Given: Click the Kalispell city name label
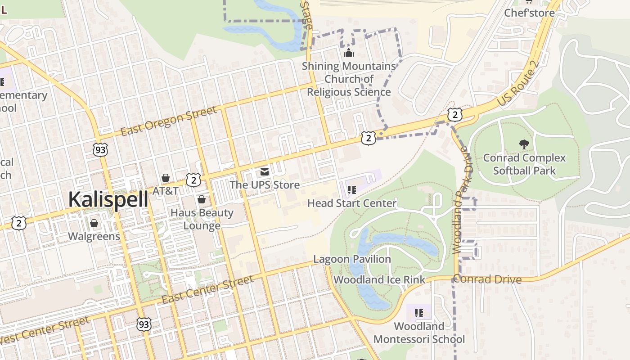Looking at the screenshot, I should point(108,199).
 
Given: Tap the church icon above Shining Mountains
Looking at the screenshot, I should point(349,53).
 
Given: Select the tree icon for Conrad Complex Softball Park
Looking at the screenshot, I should point(524,144).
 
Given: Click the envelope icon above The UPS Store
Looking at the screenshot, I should point(264,172).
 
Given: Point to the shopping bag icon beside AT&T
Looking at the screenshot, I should point(166,178).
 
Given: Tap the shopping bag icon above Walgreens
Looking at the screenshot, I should point(94,223).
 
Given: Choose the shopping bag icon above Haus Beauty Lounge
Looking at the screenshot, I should point(202,199).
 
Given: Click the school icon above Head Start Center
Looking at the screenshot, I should point(352,190).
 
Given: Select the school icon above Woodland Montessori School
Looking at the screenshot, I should point(419,313).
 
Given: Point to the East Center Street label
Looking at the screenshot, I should point(207,290).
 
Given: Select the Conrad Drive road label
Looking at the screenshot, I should point(487,279).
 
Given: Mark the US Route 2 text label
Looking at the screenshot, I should point(518,84).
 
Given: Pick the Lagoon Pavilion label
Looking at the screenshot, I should point(352,259).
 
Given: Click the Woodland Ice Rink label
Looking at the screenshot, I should point(379,280).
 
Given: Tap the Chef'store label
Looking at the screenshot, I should point(529,13).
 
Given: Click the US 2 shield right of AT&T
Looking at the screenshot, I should point(193,180).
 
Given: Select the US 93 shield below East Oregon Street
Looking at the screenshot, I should point(100,150).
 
